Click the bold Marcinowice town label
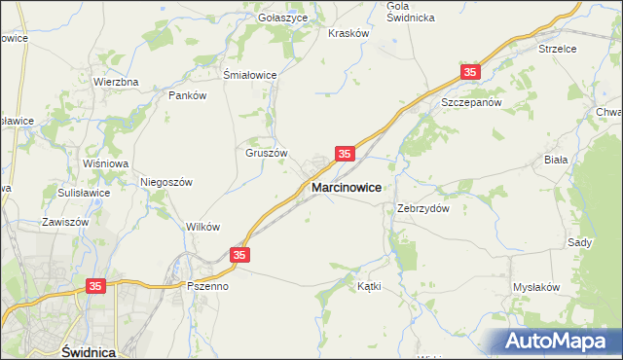tap(346, 186)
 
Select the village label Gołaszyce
tap(283, 18)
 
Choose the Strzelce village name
tap(558, 48)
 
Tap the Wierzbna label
tap(116, 82)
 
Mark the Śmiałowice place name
tap(251, 75)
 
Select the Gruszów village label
tap(266, 153)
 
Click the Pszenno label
tap(207, 287)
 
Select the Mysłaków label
tap(536, 287)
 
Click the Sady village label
tap(579, 242)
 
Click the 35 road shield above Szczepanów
tap(471, 73)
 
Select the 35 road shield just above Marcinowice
tap(345, 154)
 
